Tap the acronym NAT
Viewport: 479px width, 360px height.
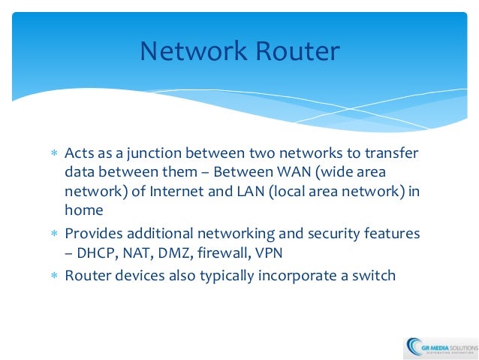(137, 253)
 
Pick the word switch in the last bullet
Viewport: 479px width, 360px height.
(372, 275)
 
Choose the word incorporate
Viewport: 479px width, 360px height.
(294, 275)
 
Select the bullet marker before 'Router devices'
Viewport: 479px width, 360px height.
(53, 276)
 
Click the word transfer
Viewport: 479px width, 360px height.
(391, 154)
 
